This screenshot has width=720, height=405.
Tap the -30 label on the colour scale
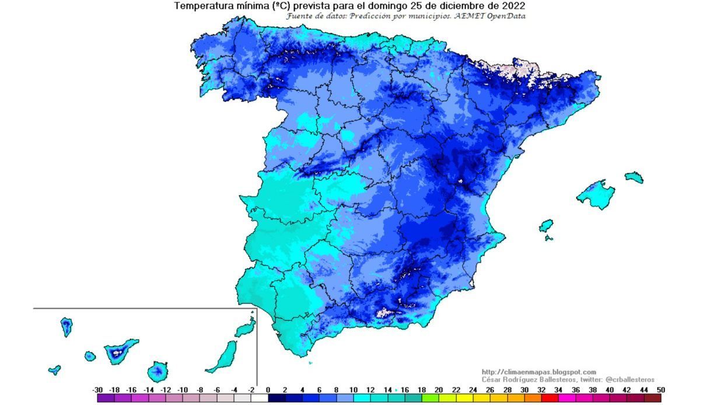(x=98, y=390)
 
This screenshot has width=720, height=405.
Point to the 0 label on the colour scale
(x=268, y=390)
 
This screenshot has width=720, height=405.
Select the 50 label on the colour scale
(x=660, y=390)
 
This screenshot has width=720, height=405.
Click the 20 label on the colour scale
(x=439, y=390)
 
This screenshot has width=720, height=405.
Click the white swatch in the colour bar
(x=260, y=398)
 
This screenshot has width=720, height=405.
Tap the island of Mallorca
(x=596, y=194)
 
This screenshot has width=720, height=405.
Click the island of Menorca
(x=634, y=177)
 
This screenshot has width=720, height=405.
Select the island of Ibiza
(x=546, y=225)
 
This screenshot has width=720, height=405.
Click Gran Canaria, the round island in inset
(x=158, y=371)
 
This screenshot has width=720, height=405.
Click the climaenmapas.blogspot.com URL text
(x=539, y=372)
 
